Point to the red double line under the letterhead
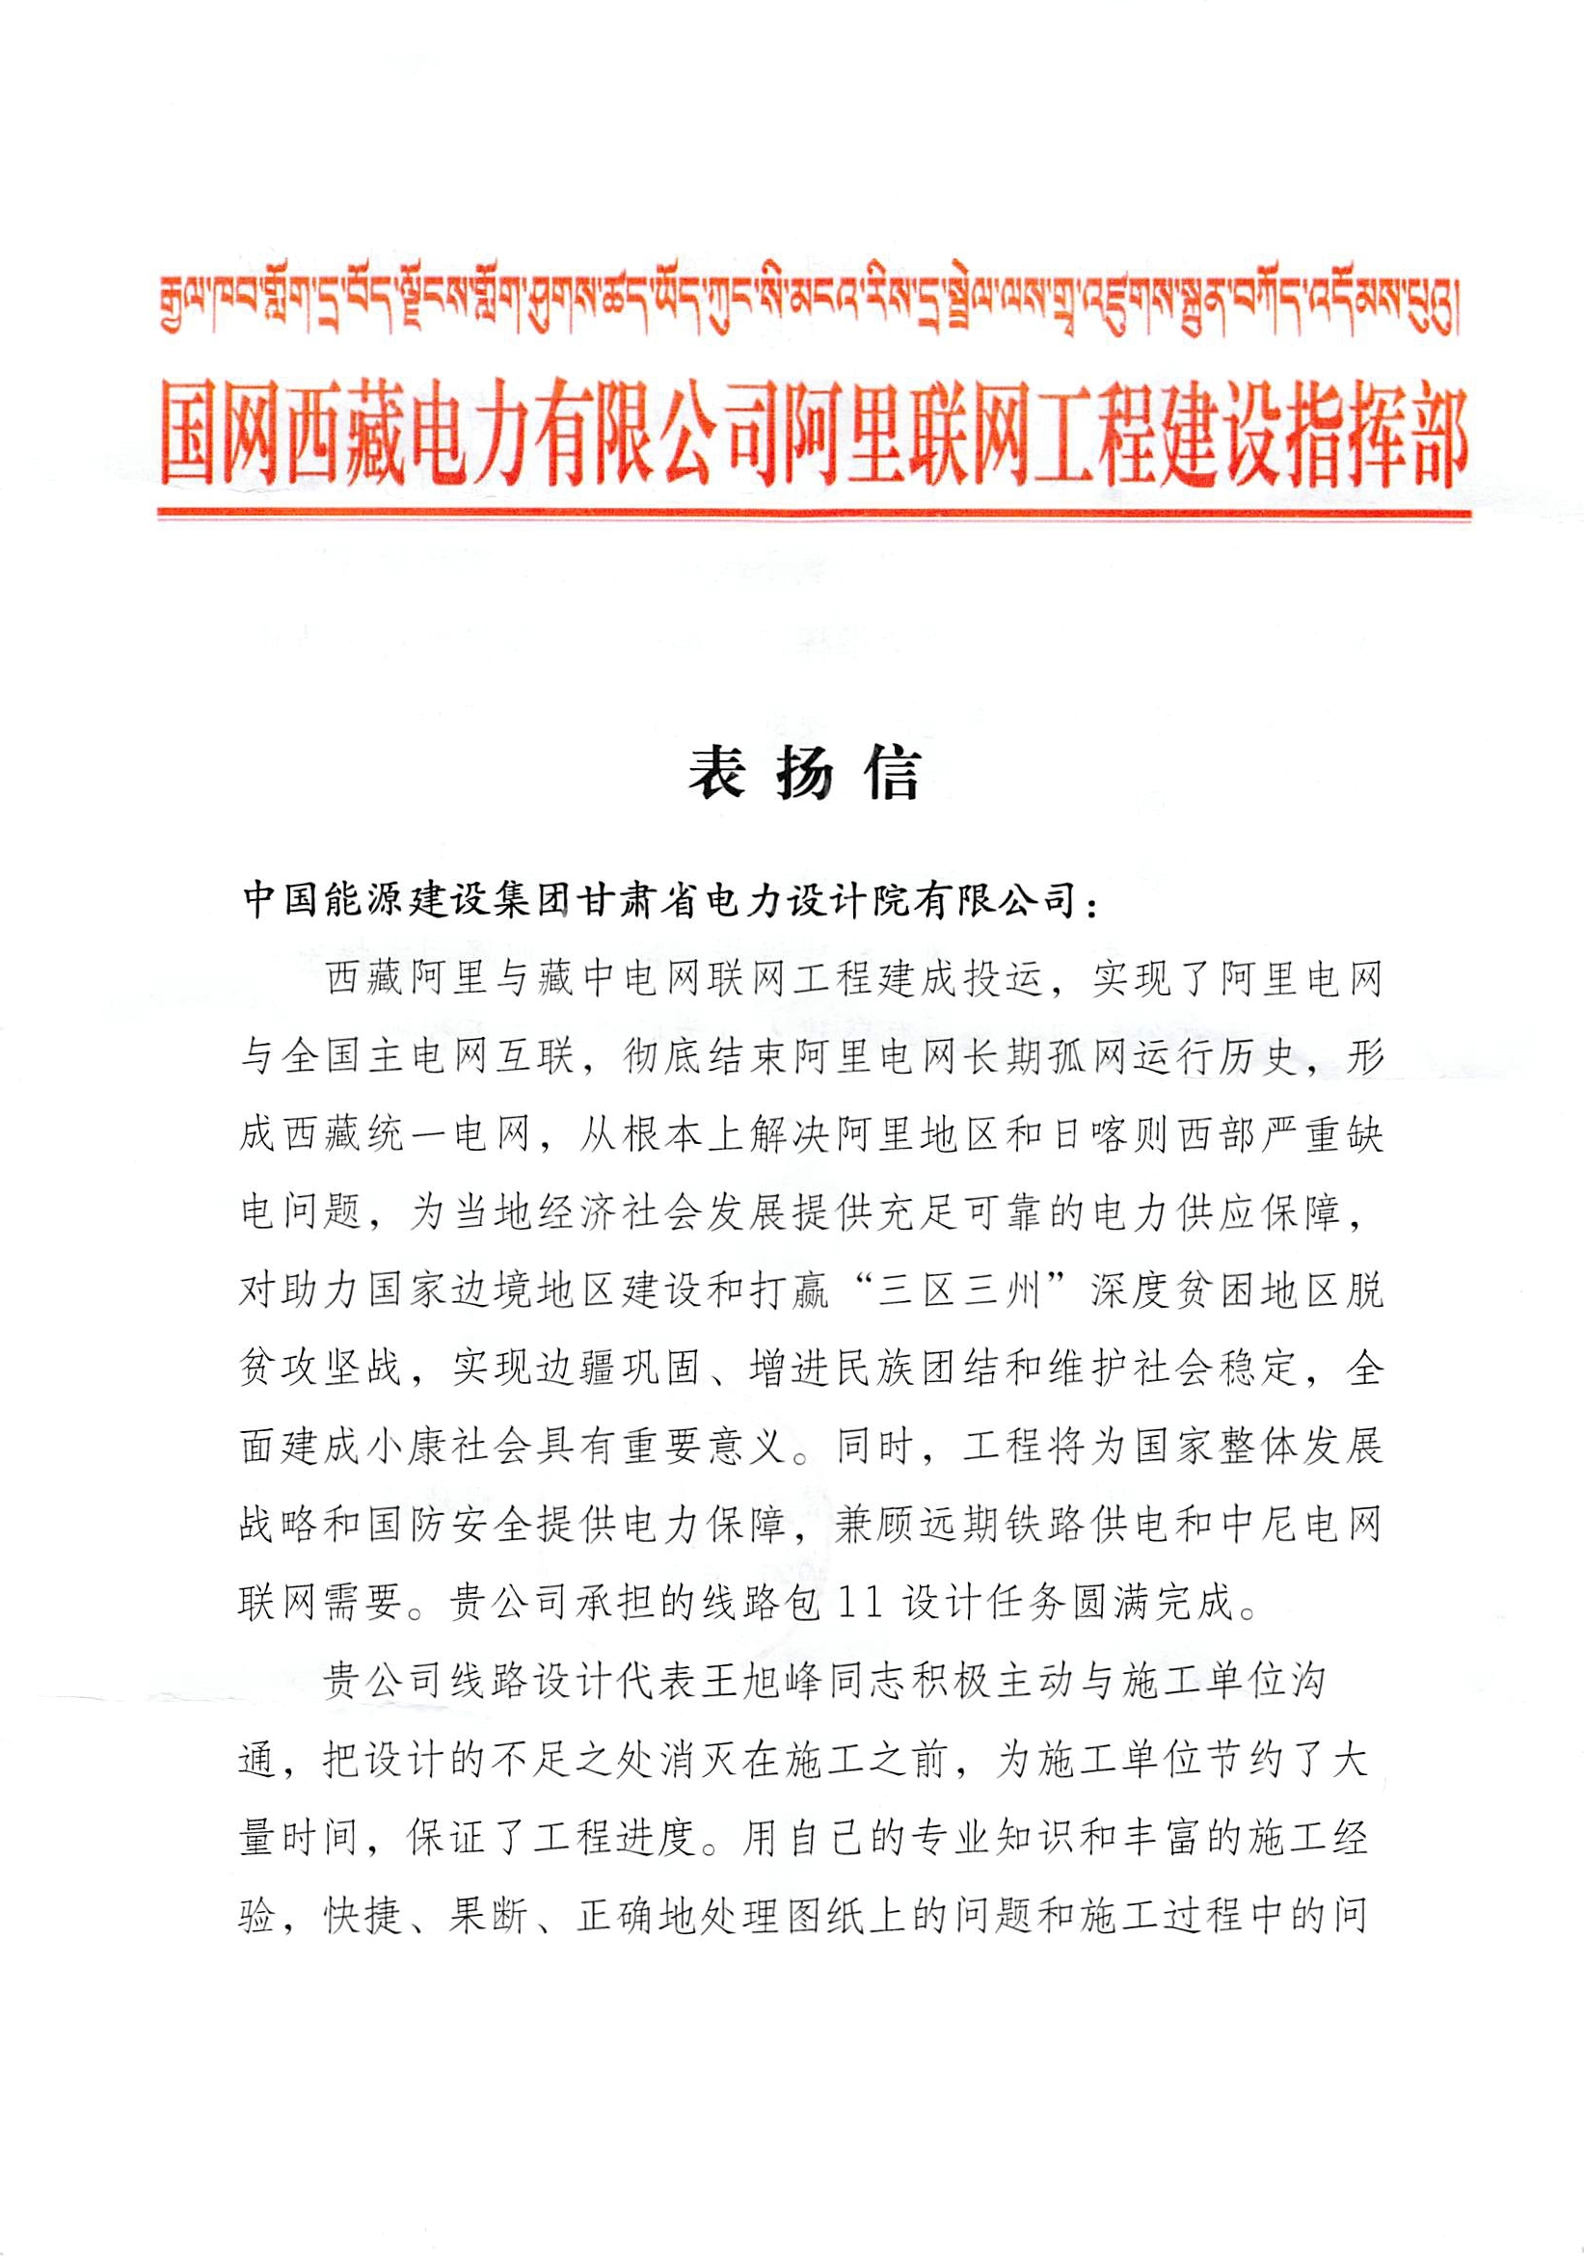[x=814, y=513]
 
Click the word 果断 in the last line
[x=489, y=1916]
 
